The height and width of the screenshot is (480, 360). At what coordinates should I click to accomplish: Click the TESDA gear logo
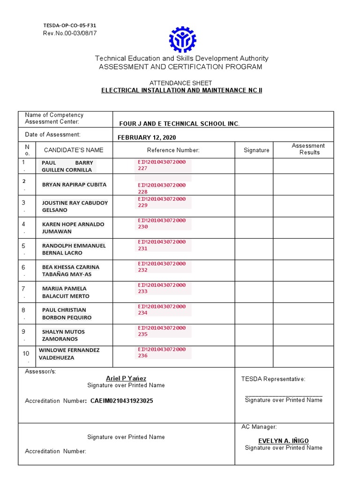click(x=182, y=39)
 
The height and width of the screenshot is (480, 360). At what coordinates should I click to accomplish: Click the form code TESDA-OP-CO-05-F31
click(x=70, y=25)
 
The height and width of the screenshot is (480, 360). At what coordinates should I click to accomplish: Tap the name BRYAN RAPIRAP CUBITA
click(x=74, y=185)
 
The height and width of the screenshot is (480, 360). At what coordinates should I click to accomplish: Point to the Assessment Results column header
click(x=308, y=149)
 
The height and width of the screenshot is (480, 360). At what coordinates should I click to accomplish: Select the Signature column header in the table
click(x=256, y=150)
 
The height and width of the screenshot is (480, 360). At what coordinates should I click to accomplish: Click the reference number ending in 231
click(x=162, y=245)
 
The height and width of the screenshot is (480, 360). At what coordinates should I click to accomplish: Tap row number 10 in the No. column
click(x=26, y=353)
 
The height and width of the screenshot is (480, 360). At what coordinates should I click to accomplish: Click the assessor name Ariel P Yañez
click(x=126, y=378)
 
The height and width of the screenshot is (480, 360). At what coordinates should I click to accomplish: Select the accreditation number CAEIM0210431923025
click(x=121, y=401)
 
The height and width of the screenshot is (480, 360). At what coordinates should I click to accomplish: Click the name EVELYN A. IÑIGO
click(x=284, y=441)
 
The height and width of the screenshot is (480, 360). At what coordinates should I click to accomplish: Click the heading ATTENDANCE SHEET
click(x=181, y=83)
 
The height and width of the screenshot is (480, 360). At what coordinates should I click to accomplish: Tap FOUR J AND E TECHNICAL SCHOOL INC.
click(x=179, y=124)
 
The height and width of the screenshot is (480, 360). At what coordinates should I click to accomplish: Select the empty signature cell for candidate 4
click(x=254, y=227)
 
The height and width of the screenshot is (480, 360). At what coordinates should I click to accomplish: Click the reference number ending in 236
click(x=162, y=352)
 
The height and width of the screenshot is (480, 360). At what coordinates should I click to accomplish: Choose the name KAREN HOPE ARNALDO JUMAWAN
click(x=73, y=228)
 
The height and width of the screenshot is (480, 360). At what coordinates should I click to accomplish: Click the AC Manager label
click(x=259, y=427)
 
